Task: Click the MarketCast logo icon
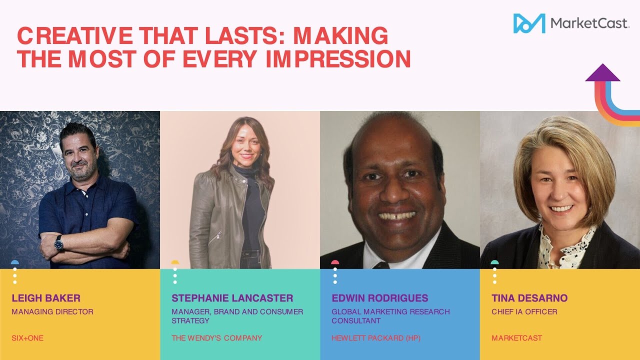pyautogui.click(x=529, y=23)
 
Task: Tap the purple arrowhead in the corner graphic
pyautogui.click(x=602, y=73)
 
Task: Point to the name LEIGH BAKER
pyautogui.click(x=46, y=298)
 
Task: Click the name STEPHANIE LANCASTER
pyautogui.click(x=232, y=298)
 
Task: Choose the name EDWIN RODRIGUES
pyautogui.click(x=380, y=298)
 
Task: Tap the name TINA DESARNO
pyautogui.click(x=529, y=298)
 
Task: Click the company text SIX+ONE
pyautogui.click(x=27, y=338)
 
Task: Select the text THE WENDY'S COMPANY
pyautogui.click(x=216, y=338)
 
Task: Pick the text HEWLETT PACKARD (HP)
pyautogui.click(x=376, y=338)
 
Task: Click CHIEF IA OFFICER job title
pyautogui.click(x=524, y=312)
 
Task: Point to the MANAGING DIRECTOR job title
pyautogui.click(x=52, y=312)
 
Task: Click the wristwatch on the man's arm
pyautogui.click(x=59, y=243)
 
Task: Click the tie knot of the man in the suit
pyautogui.click(x=381, y=265)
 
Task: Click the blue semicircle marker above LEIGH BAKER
pyautogui.click(x=15, y=262)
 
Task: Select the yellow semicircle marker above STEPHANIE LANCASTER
pyautogui.click(x=175, y=262)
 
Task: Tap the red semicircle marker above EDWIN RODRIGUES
pyautogui.click(x=335, y=262)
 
